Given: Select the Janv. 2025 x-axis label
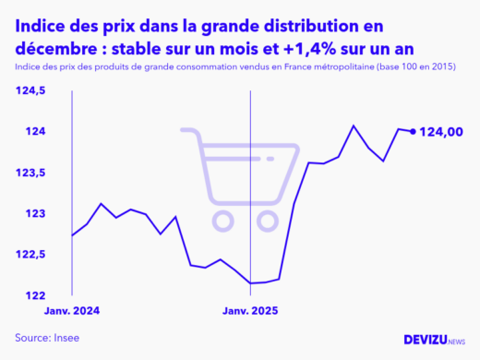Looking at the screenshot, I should (251, 312).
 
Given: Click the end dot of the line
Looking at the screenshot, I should (412, 131).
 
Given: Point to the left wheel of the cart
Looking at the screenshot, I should (223, 220).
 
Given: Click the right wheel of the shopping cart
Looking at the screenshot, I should (269, 220).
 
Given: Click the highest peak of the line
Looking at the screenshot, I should (354, 126).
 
